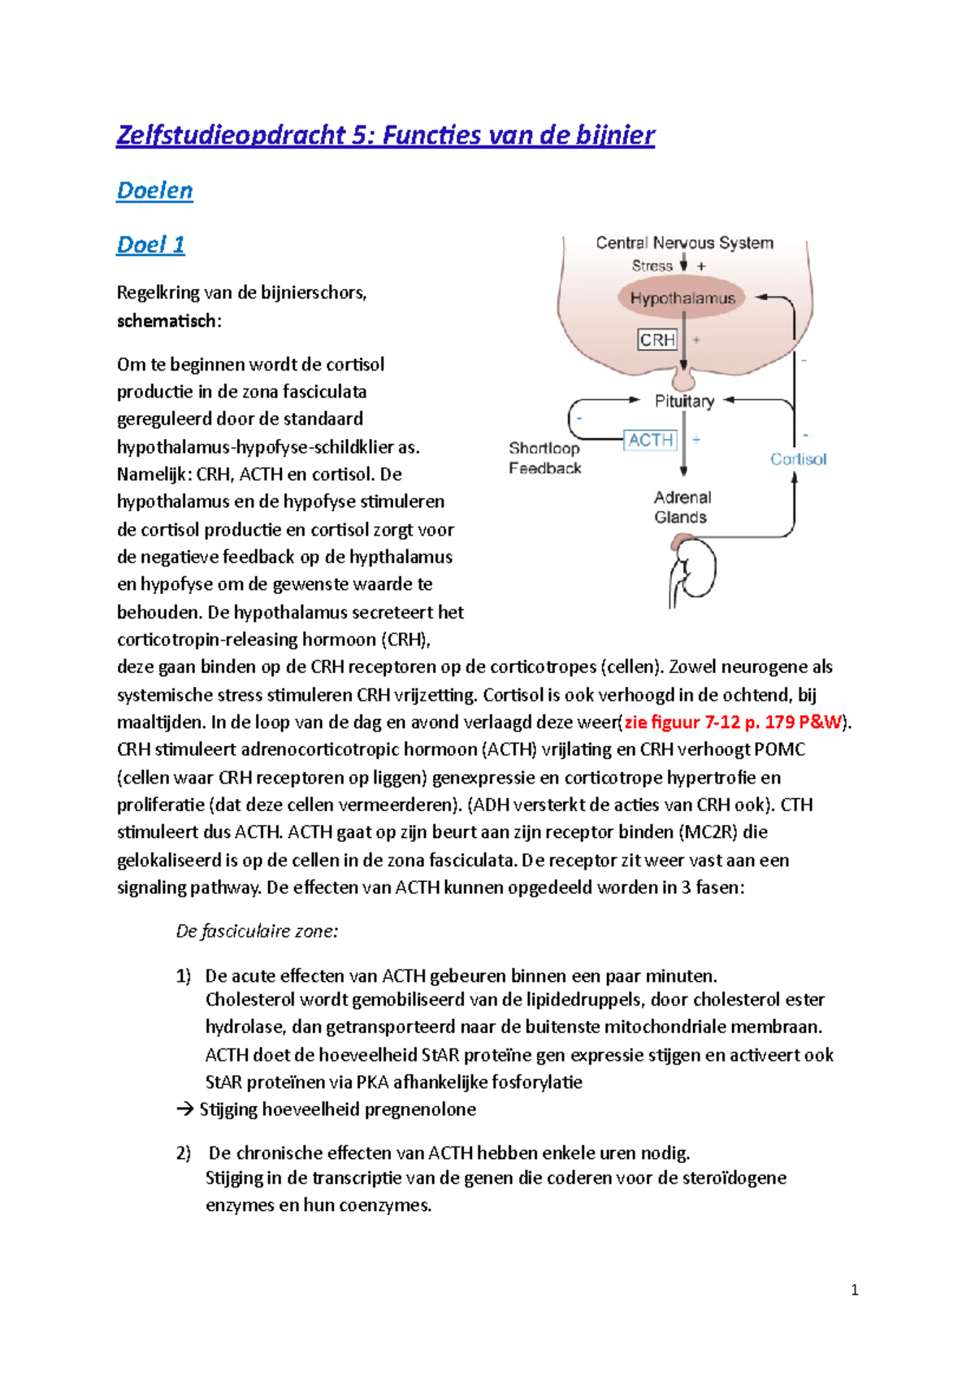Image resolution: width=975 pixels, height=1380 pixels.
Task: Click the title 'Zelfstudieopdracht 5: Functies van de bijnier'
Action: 385,135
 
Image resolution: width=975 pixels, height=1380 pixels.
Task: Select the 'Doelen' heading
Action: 154,190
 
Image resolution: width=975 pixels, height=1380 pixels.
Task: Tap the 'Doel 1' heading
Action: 150,245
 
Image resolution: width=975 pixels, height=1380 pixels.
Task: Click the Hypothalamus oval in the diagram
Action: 682,298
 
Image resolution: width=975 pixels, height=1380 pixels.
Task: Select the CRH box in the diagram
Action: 656,340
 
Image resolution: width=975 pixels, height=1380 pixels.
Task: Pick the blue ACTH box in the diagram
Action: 650,440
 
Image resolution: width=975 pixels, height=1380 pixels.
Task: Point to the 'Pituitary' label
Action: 684,401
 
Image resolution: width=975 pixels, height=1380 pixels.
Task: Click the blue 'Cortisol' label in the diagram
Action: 798,459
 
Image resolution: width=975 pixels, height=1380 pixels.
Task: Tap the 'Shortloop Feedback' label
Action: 544,458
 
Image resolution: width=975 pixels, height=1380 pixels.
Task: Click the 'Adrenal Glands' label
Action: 682,507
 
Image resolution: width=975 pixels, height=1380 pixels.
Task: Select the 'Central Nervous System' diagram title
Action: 684,242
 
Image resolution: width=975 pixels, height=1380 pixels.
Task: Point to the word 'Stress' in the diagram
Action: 652,266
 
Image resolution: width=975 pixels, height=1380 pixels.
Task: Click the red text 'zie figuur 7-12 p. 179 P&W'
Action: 734,722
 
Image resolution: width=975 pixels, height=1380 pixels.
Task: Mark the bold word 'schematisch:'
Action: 169,321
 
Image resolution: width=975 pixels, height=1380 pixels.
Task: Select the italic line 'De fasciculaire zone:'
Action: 257,931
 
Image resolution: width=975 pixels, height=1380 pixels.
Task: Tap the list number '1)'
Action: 183,976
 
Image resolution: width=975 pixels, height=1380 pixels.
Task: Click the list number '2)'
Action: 183,1153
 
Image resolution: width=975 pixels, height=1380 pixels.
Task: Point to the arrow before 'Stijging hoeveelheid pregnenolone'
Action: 184,1109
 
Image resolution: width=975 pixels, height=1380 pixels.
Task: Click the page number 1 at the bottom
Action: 854,1290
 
